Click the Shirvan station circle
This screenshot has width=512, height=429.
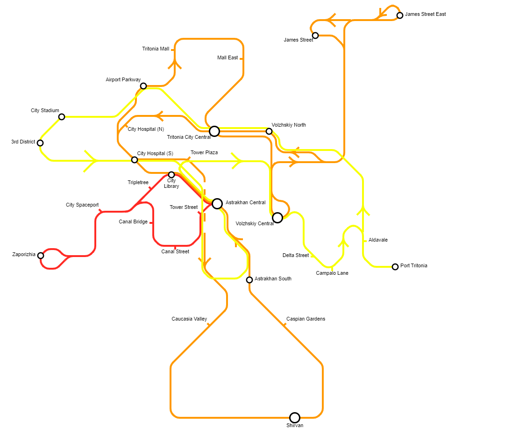click(x=294, y=417)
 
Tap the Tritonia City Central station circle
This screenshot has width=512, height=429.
click(x=214, y=131)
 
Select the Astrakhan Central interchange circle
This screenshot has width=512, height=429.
click(x=217, y=203)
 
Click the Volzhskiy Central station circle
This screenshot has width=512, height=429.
click(x=277, y=218)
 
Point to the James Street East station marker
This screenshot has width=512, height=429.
click(x=400, y=15)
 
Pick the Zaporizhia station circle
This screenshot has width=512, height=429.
click(x=41, y=256)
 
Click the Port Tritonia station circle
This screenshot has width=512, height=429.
click(x=395, y=267)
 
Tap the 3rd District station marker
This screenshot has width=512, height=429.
click(x=40, y=143)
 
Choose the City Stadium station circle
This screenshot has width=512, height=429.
click(x=62, y=117)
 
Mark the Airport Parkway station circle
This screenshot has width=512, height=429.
click(x=143, y=86)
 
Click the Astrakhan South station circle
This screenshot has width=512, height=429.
click(x=249, y=280)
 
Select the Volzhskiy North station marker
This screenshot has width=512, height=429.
click(x=269, y=131)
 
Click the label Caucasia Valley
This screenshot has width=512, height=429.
click(x=189, y=319)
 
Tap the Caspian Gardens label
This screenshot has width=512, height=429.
click(x=306, y=319)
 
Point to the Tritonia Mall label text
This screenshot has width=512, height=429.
click(x=156, y=49)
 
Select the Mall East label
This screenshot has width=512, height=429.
click(x=228, y=58)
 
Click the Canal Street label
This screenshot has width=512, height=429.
click(x=175, y=252)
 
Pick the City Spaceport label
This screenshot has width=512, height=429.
click(x=82, y=205)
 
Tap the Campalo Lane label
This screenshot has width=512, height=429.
click(x=332, y=273)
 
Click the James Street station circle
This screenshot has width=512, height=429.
click(x=315, y=36)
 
